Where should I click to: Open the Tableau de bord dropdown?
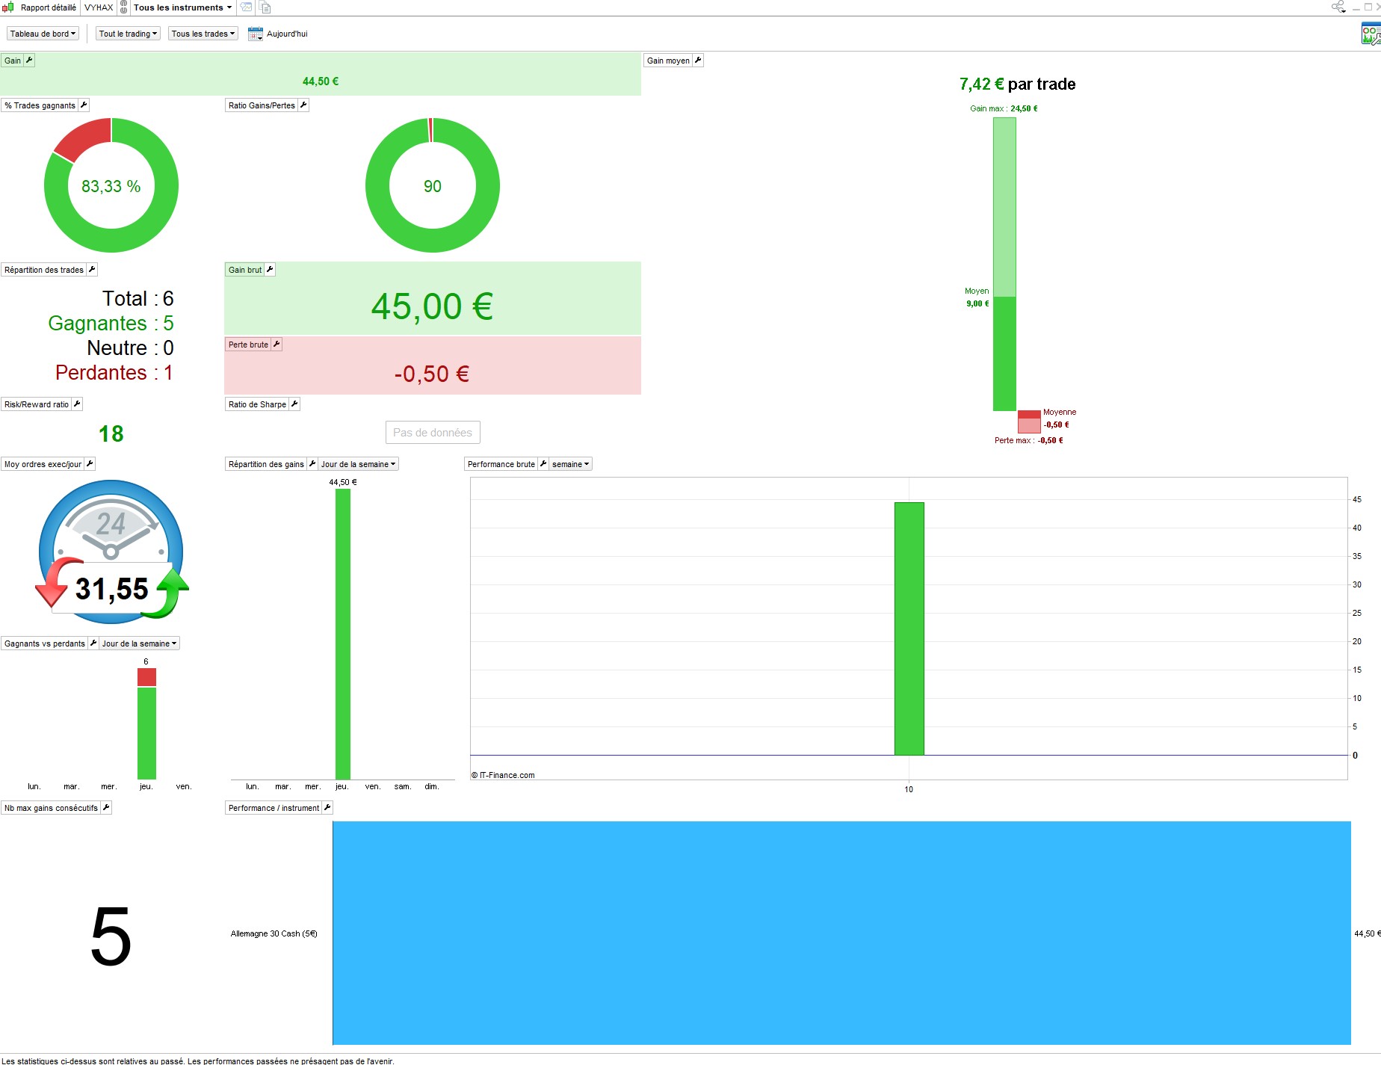click(43, 34)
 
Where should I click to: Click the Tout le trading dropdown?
click(129, 34)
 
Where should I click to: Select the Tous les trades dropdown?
click(203, 34)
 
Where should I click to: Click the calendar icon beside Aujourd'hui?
click(256, 34)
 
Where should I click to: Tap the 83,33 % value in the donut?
click(111, 186)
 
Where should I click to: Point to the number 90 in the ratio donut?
click(433, 186)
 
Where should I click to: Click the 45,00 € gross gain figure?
click(432, 306)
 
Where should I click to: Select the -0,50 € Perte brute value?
click(432, 374)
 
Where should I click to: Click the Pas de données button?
click(433, 433)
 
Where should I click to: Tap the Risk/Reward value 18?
click(111, 433)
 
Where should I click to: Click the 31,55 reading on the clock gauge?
click(112, 589)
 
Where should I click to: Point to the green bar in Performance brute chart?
click(909, 629)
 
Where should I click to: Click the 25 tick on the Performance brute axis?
click(1357, 613)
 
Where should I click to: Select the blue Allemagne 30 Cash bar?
click(841, 933)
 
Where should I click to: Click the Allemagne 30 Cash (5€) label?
click(274, 933)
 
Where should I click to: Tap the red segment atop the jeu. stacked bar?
click(146, 677)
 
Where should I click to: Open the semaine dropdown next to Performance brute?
click(571, 464)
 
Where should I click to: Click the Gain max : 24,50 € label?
click(1004, 108)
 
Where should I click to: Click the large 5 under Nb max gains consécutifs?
click(111, 936)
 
